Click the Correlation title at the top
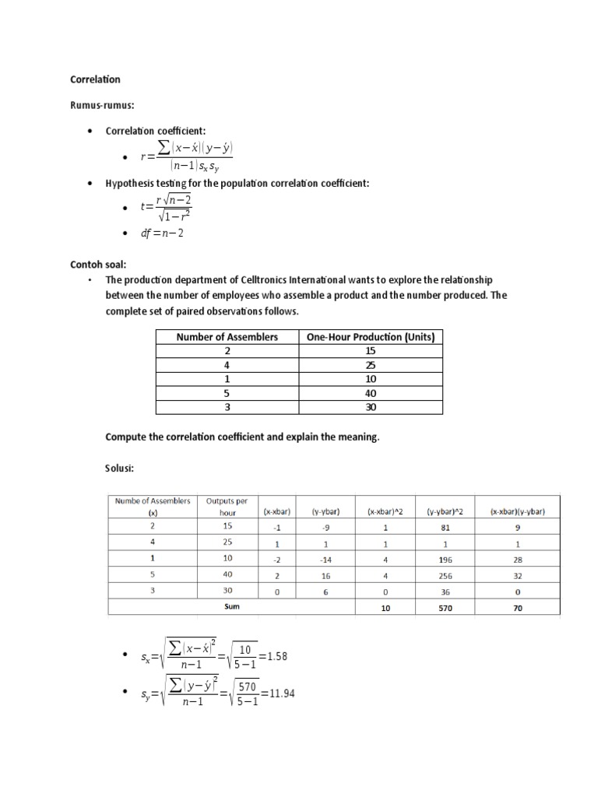[x=95, y=79]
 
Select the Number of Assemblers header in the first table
[x=227, y=337]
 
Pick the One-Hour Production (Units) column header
[x=371, y=337]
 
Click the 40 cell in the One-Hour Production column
[x=371, y=393]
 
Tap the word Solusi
[x=120, y=469]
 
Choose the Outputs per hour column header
[x=227, y=507]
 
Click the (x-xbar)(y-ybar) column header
[x=517, y=511]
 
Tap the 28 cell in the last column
[x=517, y=560]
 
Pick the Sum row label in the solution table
[x=231, y=607]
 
